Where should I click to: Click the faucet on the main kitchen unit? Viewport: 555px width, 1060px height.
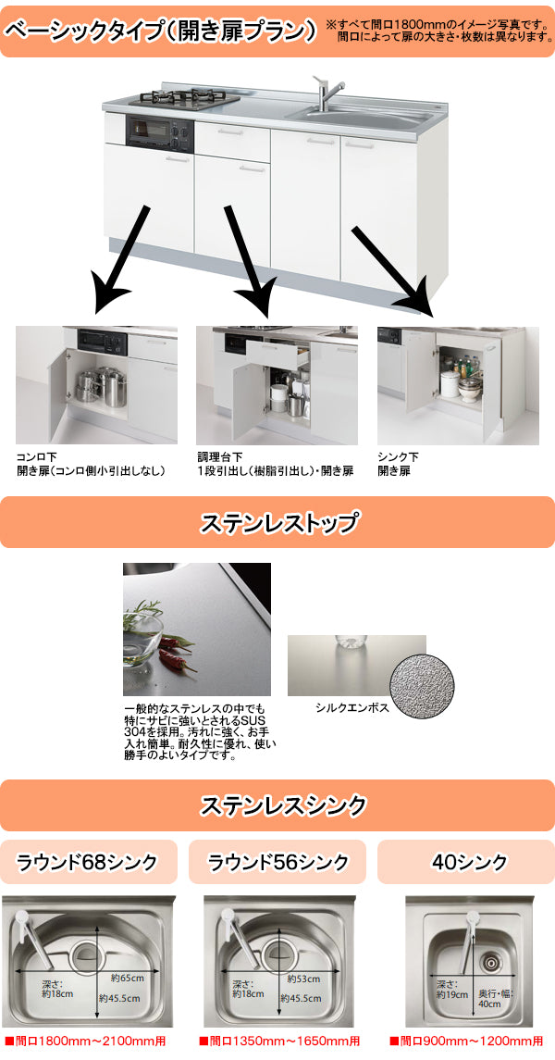pyautogui.click(x=326, y=93)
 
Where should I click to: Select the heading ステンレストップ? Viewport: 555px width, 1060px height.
pyautogui.click(x=277, y=523)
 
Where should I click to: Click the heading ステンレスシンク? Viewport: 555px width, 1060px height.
pyautogui.click(x=277, y=804)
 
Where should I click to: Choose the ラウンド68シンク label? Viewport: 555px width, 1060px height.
pyautogui.click(x=88, y=863)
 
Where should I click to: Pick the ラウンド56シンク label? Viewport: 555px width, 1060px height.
pyautogui.click(x=277, y=863)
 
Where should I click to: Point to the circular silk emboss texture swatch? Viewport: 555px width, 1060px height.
pyautogui.click(x=421, y=683)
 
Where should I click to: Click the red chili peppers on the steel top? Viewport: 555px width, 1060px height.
pyautogui.click(x=176, y=660)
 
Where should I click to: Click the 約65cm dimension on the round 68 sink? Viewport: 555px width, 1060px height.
pyautogui.click(x=128, y=979)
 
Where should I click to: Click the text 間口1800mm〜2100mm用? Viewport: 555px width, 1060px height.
pyautogui.click(x=89, y=1041)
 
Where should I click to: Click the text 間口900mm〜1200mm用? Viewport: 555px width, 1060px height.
pyautogui.click(x=467, y=1041)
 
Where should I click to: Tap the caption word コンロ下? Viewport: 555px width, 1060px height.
pyautogui.click(x=37, y=457)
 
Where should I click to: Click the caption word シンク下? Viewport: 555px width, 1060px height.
pyautogui.click(x=399, y=457)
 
